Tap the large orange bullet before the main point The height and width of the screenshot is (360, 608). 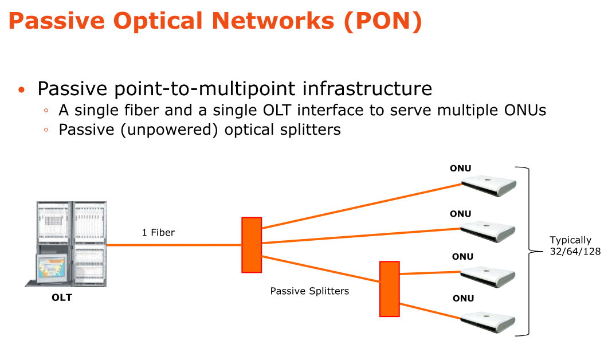(22, 90)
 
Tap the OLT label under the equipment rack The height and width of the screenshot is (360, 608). (62, 298)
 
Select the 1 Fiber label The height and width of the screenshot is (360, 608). (158, 232)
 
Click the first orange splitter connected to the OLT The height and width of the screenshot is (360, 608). (251, 245)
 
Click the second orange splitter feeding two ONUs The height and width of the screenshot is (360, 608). (389, 288)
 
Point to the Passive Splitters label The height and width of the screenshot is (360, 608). (309, 291)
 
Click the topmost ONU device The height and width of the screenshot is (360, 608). (489, 185)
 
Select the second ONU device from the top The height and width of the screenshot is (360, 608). (489, 230)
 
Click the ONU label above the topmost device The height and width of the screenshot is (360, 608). (460, 169)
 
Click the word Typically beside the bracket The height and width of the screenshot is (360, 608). (570, 240)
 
